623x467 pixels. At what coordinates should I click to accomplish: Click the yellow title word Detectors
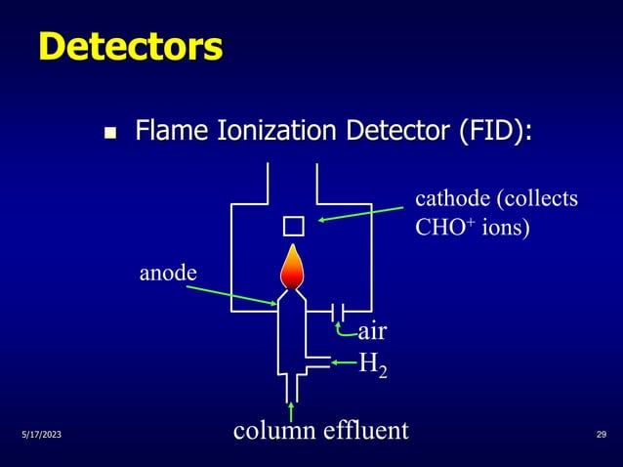[131, 47]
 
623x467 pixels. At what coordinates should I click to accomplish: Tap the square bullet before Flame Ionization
[110, 133]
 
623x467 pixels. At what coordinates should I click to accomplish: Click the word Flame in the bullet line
[172, 130]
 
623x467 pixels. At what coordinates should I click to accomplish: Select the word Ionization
[277, 130]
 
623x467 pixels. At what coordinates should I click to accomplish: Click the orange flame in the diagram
[292, 267]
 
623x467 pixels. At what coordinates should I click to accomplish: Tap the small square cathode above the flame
[294, 227]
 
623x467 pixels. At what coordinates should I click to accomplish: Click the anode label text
[168, 274]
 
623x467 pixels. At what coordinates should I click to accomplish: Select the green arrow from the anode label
[231, 295]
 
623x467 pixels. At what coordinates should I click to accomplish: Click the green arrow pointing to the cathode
[360, 214]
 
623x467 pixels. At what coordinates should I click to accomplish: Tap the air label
[372, 331]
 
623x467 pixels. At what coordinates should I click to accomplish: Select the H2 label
[373, 364]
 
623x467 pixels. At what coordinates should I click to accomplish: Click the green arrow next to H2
[344, 362]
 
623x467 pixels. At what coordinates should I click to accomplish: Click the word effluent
[366, 430]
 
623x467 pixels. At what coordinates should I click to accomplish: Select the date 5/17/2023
[42, 435]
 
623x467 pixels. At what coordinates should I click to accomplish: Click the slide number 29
[602, 435]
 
